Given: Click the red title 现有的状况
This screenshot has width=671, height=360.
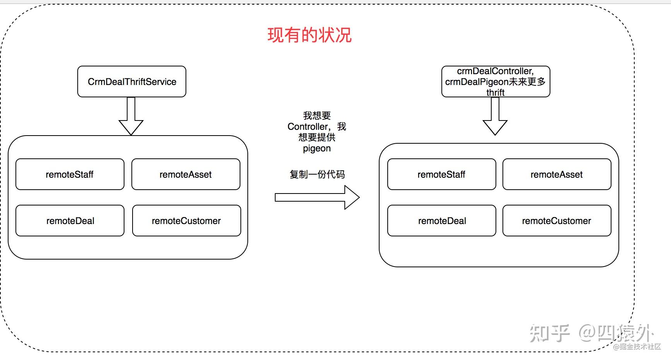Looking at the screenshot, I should tap(309, 35).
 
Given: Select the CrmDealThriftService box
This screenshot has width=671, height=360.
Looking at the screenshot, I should tap(132, 82).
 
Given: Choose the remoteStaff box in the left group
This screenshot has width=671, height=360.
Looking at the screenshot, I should tap(70, 174).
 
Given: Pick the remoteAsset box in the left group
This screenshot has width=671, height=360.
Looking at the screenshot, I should tap(186, 174).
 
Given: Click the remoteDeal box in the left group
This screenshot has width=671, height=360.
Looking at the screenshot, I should tap(70, 221).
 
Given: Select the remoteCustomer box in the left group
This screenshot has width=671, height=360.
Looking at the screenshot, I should tap(186, 221).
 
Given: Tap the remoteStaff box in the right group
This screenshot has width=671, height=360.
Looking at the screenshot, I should tap(441, 174).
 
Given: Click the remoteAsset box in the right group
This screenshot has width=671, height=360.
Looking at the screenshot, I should tap(557, 174).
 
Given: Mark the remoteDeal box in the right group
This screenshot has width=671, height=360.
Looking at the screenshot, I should tap(441, 221).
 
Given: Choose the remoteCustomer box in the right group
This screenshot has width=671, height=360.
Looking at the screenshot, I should tap(557, 221).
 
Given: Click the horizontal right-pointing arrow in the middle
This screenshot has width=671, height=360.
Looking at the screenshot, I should tap(317, 197).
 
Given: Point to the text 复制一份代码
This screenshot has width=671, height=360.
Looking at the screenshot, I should tap(317, 174).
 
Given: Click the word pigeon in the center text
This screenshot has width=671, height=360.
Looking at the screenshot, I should tap(317, 148).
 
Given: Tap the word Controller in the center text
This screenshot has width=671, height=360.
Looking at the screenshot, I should tap(308, 127).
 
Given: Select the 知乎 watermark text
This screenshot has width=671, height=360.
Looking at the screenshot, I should tap(549, 333).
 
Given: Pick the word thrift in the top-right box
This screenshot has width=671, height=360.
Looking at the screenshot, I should tap(496, 93).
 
